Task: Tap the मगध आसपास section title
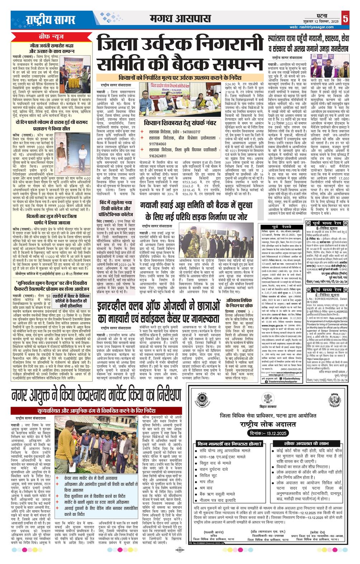pos(180,18)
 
